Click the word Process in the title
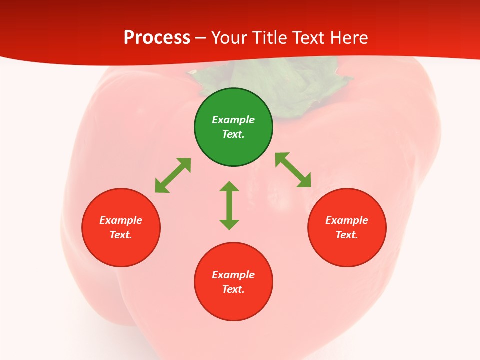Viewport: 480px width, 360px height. [x=157, y=38]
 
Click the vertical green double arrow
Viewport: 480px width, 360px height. [x=229, y=205]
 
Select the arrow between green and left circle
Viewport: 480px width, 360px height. [x=173, y=175]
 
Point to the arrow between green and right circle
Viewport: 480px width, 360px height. [x=293, y=170]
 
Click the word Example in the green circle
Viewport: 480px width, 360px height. [x=233, y=120]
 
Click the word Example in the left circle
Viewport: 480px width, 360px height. [x=121, y=220]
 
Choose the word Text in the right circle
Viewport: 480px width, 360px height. [x=346, y=235]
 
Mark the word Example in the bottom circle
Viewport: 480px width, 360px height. [x=233, y=275]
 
